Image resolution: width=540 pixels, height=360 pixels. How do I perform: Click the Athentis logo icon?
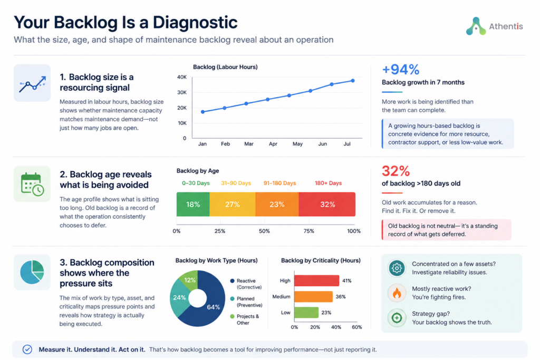coord(476,26)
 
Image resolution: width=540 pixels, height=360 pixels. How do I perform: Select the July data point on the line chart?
coord(353,81)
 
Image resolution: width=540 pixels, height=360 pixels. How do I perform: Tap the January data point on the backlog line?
coord(202,112)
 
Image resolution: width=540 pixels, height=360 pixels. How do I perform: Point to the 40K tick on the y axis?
coord(181,77)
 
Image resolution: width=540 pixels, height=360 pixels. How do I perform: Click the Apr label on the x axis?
coord(273,144)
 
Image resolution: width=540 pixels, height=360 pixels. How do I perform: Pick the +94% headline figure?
coord(401,70)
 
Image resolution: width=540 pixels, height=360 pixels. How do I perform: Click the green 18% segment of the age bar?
coord(193,205)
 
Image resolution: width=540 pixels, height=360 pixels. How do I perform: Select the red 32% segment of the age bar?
coord(327,205)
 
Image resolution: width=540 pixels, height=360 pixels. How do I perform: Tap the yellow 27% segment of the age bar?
coord(233,205)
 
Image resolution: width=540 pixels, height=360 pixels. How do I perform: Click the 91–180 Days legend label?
coord(279,183)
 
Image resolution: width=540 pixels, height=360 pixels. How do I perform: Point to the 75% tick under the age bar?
coord(308,231)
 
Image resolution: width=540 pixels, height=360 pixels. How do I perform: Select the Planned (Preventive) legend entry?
coord(247,302)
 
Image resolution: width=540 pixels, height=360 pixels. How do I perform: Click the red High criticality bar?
coord(317,281)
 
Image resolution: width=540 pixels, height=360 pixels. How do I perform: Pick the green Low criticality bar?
coord(306,313)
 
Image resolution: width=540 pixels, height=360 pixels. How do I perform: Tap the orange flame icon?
coord(397,293)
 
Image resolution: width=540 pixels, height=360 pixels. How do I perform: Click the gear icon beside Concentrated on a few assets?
coord(397,268)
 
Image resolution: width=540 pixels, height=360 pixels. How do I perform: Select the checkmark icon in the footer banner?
coord(27,349)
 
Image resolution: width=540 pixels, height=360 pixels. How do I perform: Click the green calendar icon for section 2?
coord(32,184)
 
